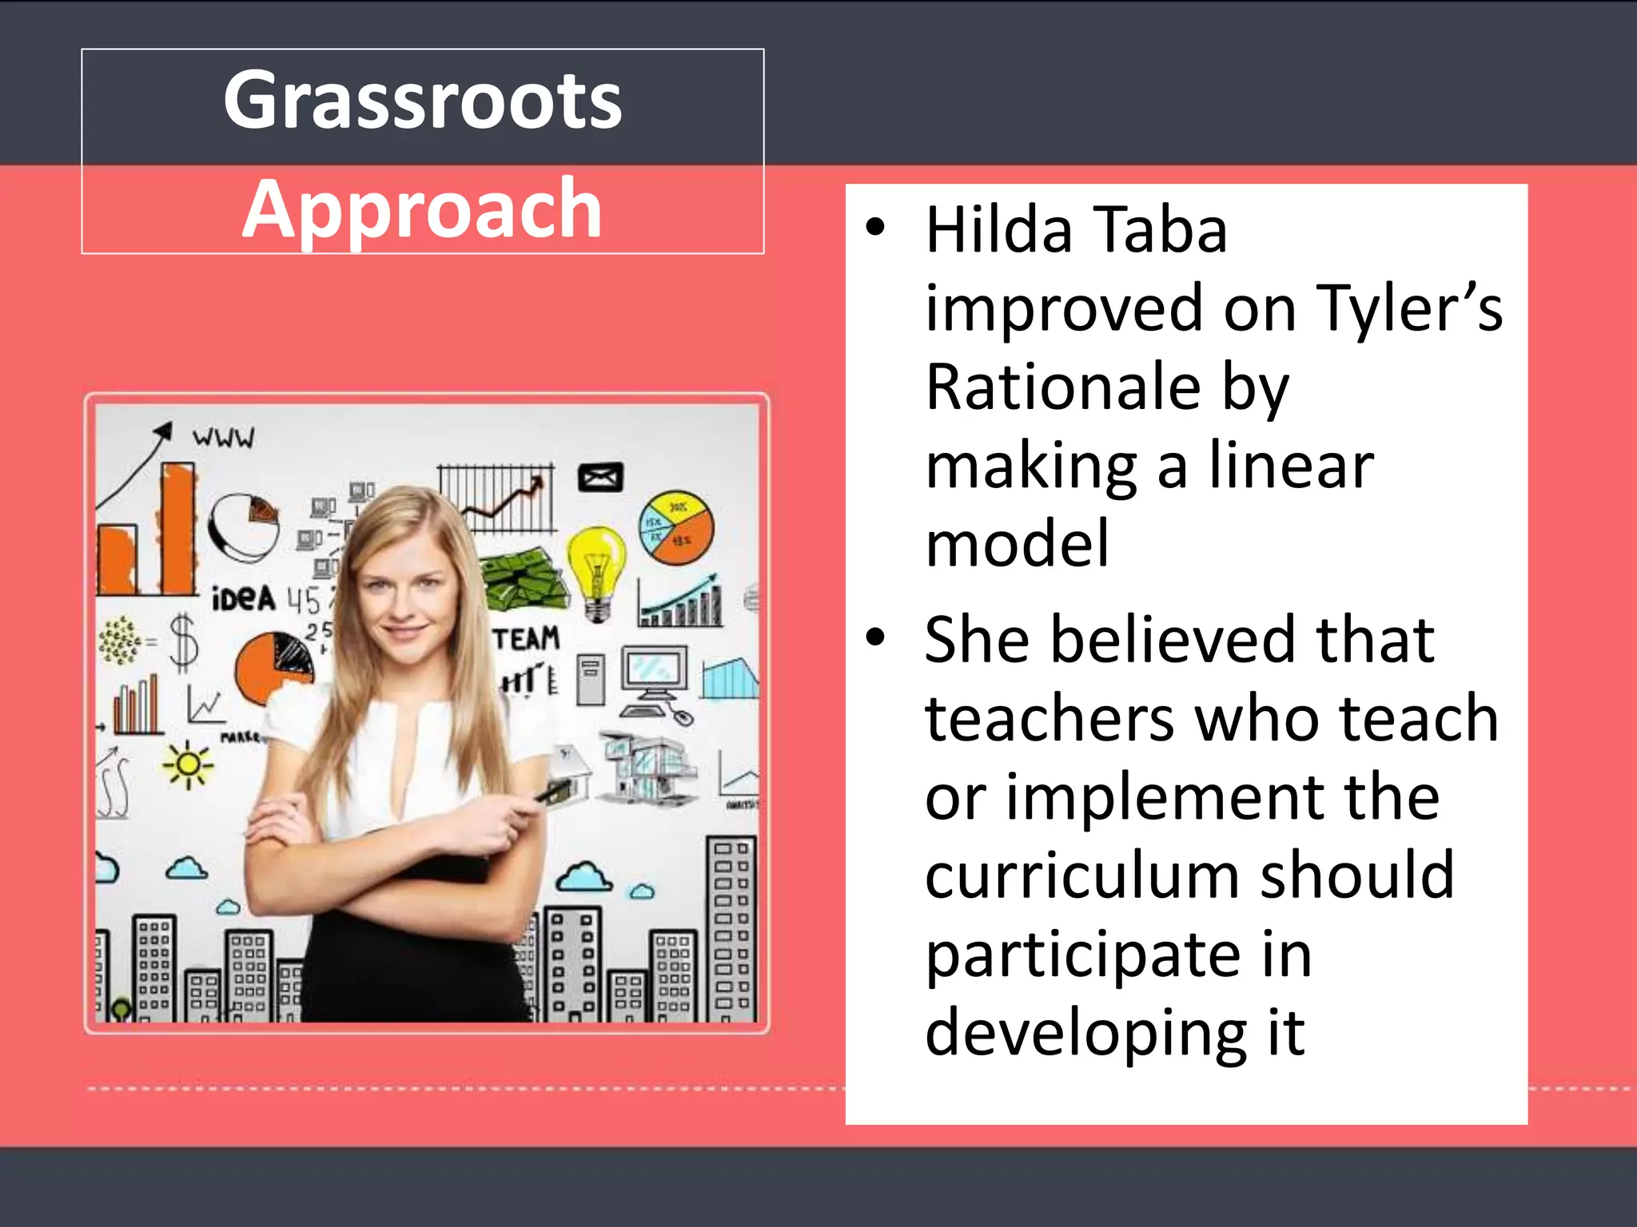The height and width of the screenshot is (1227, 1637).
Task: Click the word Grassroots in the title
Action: click(x=422, y=101)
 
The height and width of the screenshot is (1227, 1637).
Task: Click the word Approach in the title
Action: click(x=422, y=210)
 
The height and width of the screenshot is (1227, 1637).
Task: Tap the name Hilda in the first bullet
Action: click(x=998, y=230)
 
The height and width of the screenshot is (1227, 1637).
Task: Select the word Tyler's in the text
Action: click(x=1409, y=308)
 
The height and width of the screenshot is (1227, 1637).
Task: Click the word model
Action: click(x=1017, y=543)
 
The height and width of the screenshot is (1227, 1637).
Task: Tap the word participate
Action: click(x=1083, y=957)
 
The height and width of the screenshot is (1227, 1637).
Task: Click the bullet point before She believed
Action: click(x=876, y=637)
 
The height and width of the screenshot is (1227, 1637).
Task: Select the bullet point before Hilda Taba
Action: click(x=876, y=227)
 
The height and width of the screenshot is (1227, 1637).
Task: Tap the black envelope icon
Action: click(x=600, y=478)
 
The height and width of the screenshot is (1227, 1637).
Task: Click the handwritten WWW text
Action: click(x=224, y=437)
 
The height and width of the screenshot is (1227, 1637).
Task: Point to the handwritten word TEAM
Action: click(x=526, y=638)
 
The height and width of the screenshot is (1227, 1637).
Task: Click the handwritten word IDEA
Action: click(x=243, y=598)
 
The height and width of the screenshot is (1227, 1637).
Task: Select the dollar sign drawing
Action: click(x=184, y=640)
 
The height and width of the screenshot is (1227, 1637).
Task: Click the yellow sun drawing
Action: click(x=188, y=764)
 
